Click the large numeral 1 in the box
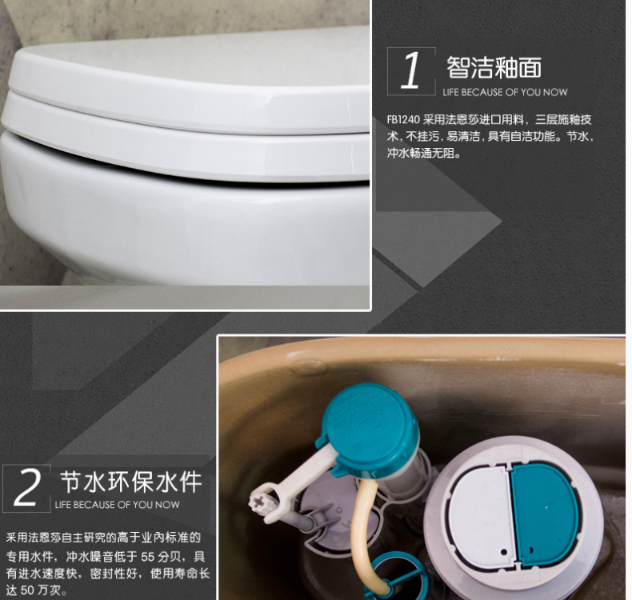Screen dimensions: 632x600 [411, 70]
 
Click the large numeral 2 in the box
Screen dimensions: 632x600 [26, 487]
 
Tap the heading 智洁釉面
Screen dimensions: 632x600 [494, 67]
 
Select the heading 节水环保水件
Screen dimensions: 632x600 [130, 482]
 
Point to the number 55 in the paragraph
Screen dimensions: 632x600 [148, 557]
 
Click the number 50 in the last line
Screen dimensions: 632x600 [27, 590]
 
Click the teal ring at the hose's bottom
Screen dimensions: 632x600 [388, 577]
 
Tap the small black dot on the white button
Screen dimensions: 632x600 [503, 552]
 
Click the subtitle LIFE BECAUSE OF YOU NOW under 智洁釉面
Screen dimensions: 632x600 [505, 92]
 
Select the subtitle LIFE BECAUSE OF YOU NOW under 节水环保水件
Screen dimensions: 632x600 [118, 505]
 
